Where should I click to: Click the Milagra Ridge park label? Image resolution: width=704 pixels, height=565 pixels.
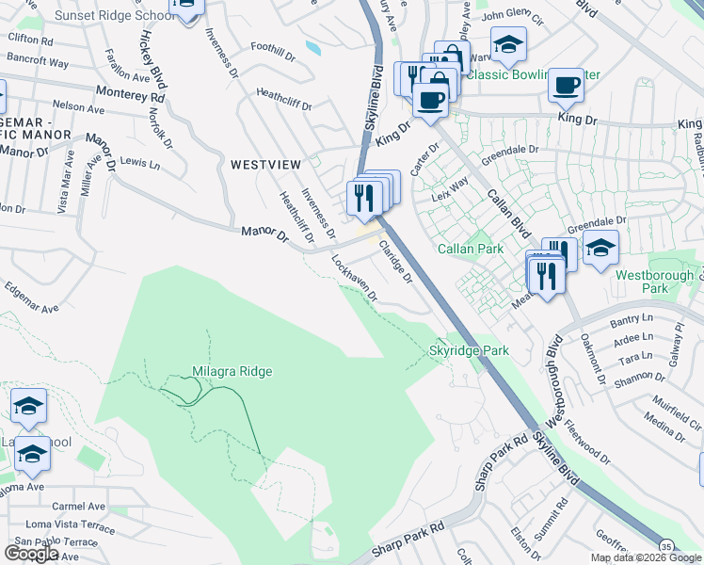tap(232, 372)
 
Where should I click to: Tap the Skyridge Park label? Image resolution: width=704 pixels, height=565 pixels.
tap(469, 350)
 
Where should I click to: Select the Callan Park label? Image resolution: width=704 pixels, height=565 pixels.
tap(466, 249)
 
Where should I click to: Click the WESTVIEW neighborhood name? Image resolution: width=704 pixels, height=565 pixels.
tap(266, 165)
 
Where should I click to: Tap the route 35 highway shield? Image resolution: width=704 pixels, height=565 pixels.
tap(665, 546)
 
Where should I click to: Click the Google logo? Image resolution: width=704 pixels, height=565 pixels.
tap(31, 554)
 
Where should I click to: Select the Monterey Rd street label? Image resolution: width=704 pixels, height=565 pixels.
tap(130, 95)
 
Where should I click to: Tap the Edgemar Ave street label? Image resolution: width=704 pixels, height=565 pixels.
tap(31, 298)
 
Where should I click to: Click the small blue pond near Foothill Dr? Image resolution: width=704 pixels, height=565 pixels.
tap(312, 46)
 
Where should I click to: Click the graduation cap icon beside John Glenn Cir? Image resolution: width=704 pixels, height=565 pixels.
tap(508, 42)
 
